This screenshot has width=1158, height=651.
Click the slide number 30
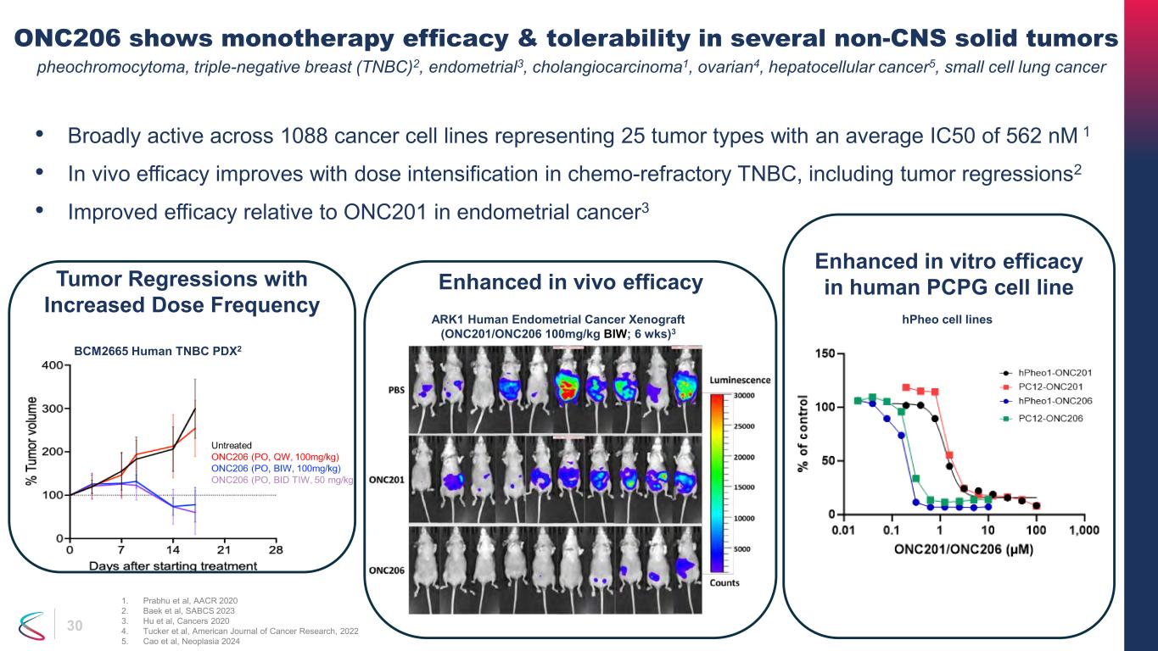[x=75, y=626]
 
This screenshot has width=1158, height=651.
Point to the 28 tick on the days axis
[x=276, y=549]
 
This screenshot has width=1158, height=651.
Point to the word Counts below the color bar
[x=724, y=582]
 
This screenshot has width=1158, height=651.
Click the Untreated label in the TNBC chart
[x=231, y=445]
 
